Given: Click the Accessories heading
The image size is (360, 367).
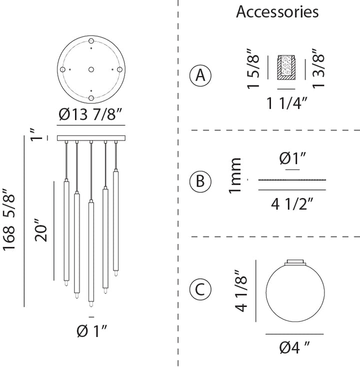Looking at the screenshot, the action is click(277, 11).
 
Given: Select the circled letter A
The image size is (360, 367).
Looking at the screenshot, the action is click(200, 75).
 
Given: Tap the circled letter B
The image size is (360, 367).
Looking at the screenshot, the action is click(200, 181).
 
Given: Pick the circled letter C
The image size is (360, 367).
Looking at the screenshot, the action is click(200, 289).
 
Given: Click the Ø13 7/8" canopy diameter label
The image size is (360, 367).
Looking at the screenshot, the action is click(90, 114).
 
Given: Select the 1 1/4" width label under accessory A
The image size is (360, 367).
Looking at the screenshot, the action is click(287, 103).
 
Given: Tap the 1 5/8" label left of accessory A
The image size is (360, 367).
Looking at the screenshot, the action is click(253, 69).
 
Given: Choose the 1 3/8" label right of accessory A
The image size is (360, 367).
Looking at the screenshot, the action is click(318, 68).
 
